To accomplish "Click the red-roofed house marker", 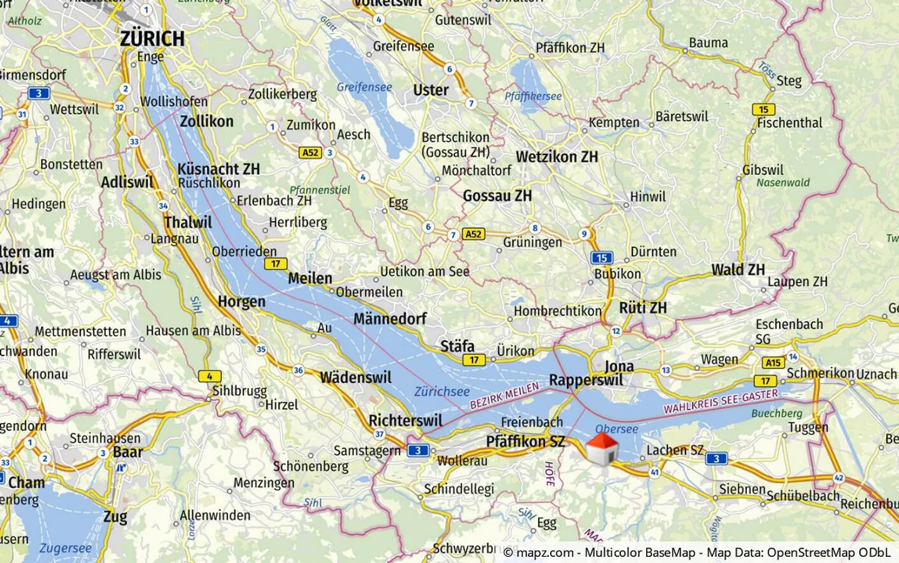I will click(602, 449).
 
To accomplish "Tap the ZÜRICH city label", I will click(152, 39).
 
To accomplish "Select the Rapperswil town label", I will click(586, 380).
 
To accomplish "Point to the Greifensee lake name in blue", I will click(365, 87).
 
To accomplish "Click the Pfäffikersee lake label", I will click(533, 96).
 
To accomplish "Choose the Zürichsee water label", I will click(442, 392).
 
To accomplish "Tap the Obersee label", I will click(616, 429).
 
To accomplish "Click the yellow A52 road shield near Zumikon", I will click(310, 152).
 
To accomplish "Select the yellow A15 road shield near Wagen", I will click(774, 362).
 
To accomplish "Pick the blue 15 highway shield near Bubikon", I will click(601, 258).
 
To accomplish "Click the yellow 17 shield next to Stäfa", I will click(474, 360).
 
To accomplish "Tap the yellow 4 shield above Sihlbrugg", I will click(209, 376).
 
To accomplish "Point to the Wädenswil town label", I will click(356, 377).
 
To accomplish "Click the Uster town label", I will click(431, 91).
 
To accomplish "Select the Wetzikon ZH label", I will click(557, 157).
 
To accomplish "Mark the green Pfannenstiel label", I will click(320, 190).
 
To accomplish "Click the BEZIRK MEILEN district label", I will click(504, 396).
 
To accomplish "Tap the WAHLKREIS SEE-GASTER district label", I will click(720, 401).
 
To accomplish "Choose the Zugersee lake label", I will click(66, 549).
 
